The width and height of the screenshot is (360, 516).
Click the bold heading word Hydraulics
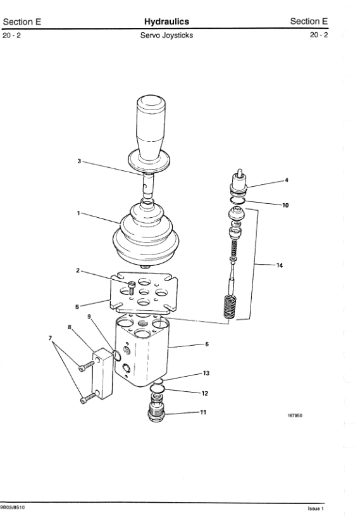[x=166, y=22]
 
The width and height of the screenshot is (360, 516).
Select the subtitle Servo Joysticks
[x=166, y=35]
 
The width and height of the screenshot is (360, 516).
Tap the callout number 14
[x=280, y=265]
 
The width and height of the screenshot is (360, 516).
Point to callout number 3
[x=79, y=161]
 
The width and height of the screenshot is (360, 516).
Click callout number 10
[x=285, y=205]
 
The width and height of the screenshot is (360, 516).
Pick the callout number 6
[x=207, y=344]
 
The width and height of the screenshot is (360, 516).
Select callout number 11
[x=203, y=412]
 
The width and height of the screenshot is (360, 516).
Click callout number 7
[x=51, y=338]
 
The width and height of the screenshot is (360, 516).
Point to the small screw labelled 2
[x=132, y=287]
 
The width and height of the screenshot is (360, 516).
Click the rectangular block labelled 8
[x=102, y=374]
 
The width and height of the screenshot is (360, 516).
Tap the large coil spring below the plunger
[x=230, y=306]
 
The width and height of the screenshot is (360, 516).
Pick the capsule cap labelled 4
[x=239, y=181]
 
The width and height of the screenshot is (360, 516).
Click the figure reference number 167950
[x=295, y=415]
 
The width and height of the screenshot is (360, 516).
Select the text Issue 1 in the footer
[x=316, y=509]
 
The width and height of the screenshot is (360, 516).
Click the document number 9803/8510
[x=12, y=507]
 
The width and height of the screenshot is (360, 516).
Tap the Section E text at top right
[x=309, y=22]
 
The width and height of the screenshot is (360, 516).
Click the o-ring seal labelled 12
[x=157, y=389]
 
